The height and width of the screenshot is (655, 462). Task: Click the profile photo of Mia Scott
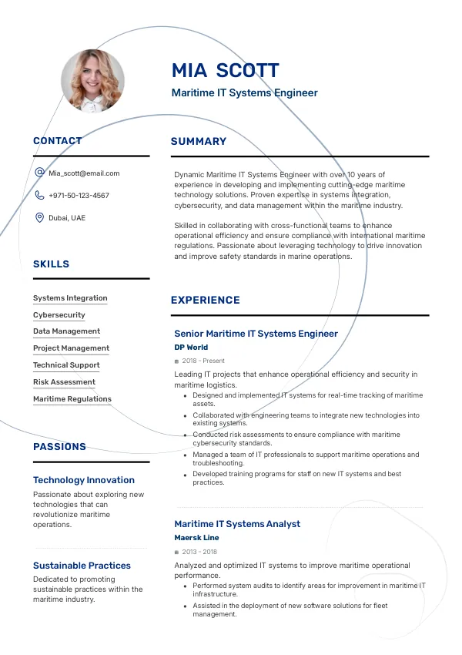point(92,80)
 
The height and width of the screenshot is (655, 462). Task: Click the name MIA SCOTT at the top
point(225,71)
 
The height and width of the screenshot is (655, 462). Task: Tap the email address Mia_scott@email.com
point(84,173)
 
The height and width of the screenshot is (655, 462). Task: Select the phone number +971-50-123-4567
point(79,196)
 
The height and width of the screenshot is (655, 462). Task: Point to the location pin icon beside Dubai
point(39,218)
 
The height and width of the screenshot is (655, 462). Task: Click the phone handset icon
point(39,196)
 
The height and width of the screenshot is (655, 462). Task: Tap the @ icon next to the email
point(39,173)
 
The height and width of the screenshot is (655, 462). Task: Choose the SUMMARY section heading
point(199,142)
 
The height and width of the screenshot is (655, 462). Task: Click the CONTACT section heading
point(58,141)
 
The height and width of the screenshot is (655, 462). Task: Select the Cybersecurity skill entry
point(59,315)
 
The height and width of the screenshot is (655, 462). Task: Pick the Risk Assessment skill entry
point(64,382)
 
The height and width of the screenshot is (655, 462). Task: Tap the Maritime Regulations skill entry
point(72,399)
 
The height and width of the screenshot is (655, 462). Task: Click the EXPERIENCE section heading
point(206,301)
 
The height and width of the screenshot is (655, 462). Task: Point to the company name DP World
point(191,348)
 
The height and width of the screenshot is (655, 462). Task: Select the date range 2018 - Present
point(203,361)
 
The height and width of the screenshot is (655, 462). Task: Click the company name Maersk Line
point(196,538)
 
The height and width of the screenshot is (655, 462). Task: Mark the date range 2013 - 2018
point(199,552)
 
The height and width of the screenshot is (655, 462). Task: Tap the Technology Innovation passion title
point(84,480)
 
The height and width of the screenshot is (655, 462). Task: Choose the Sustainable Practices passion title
point(82,566)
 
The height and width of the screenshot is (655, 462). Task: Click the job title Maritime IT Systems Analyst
point(237,524)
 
